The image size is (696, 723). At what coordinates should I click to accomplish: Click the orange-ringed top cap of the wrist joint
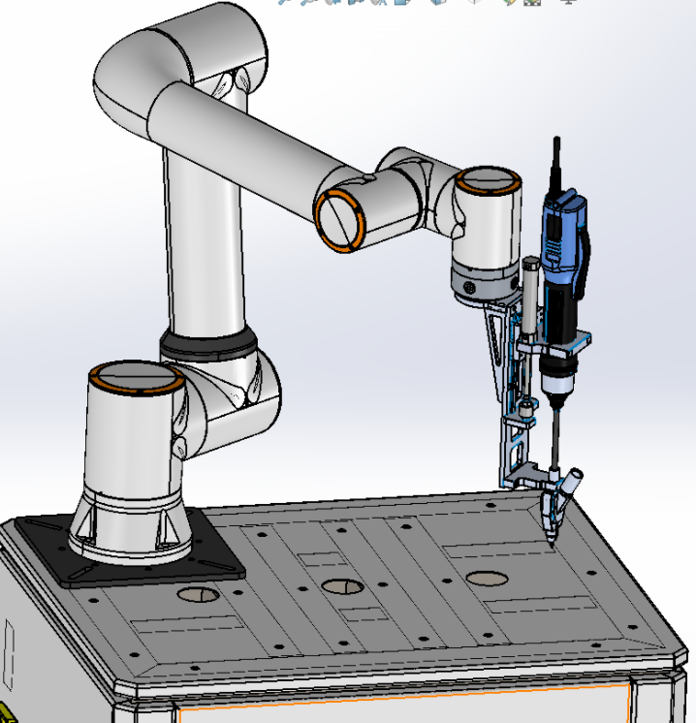click(x=488, y=180)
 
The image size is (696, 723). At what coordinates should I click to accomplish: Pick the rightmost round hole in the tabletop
click(x=487, y=579)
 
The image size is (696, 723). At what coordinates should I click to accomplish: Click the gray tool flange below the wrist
click(x=484, y=282)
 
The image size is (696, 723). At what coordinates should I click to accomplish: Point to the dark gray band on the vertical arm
click(x=208, y=343)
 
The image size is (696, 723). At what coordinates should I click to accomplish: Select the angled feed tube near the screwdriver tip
click(x=572, y=481)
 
